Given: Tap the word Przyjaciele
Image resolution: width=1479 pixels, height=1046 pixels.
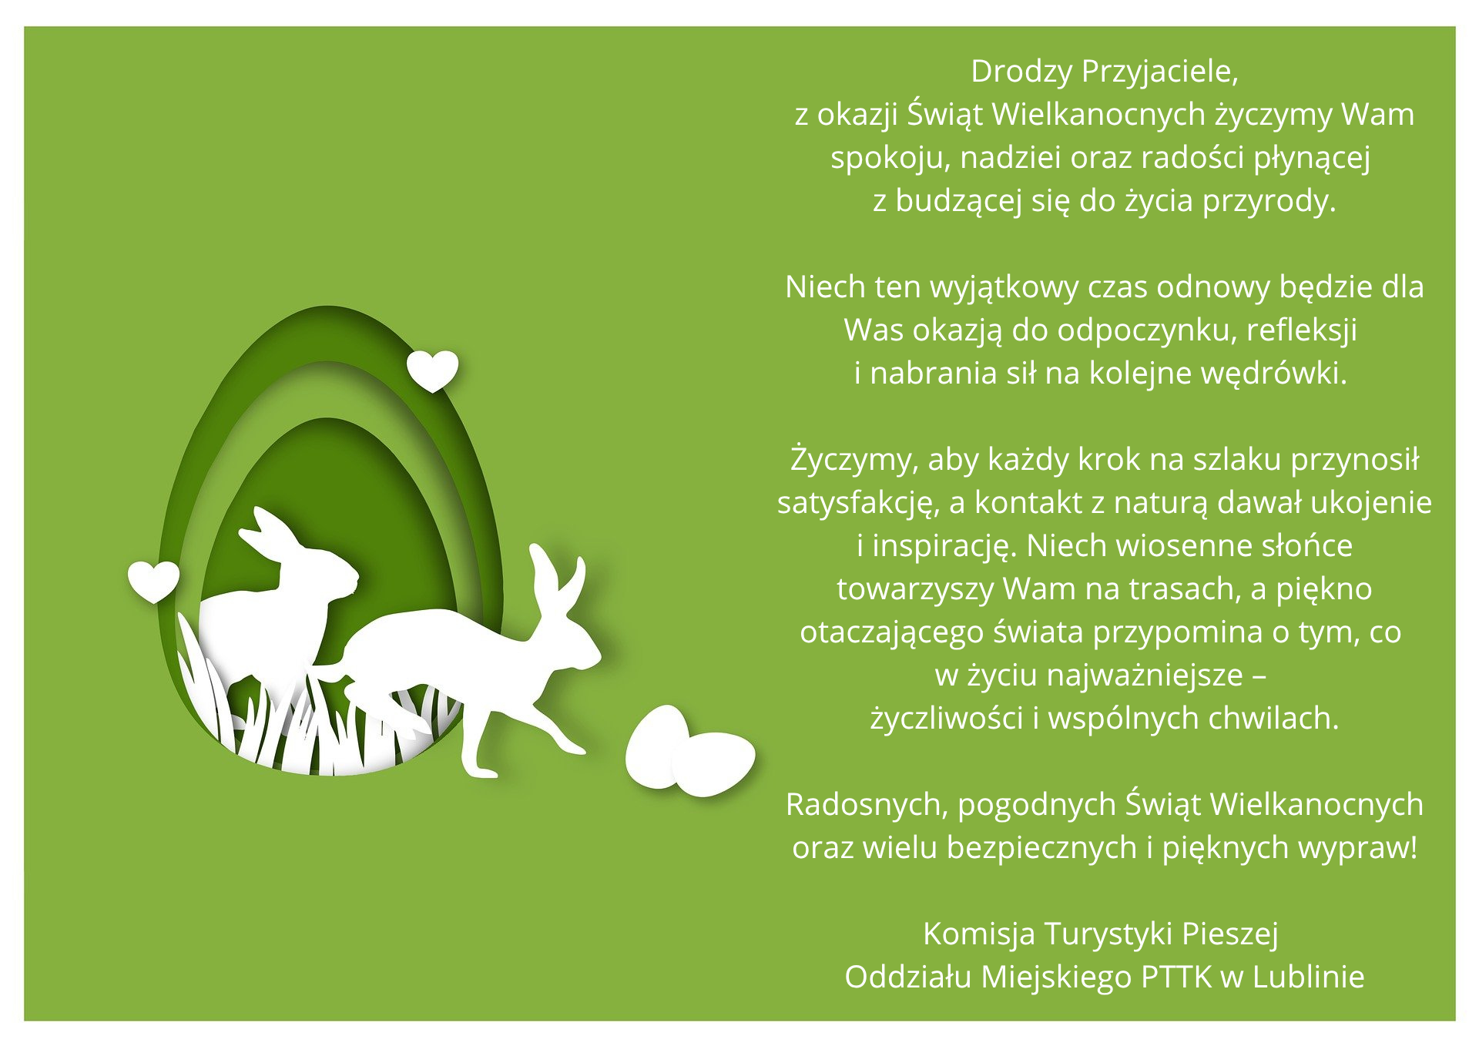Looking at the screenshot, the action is pyautogui.click(x=1159, y=72).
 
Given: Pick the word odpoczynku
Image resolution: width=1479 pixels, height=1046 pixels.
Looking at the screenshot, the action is pyautogui.click(x=1147, y=331).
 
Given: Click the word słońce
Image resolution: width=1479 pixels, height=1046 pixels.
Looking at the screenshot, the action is pyautogui.click(x=1306, y=545).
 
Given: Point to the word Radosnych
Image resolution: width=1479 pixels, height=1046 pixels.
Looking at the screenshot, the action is pyautogui.click(x=867, y=805).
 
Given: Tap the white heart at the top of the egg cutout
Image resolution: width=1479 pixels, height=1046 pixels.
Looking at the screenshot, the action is pyautogui.click(x=432, y=370).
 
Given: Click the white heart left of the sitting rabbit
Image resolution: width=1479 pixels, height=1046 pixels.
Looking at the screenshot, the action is pyautogui.click(x=153, y=581).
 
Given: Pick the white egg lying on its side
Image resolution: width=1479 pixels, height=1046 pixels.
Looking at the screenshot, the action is pyautogui.click(x=714, y=764).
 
